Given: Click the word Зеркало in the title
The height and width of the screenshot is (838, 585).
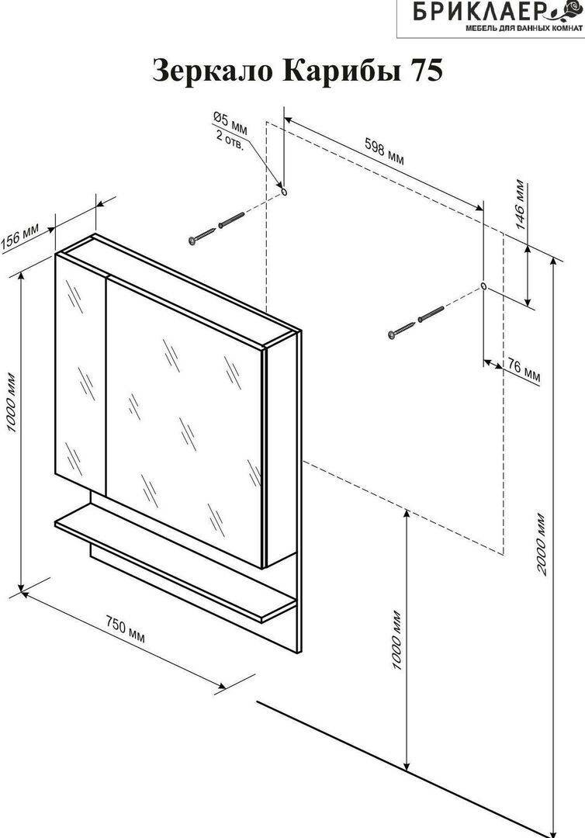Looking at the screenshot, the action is coord(204,71).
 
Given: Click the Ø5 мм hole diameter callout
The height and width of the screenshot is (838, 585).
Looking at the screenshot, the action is coord(230,121).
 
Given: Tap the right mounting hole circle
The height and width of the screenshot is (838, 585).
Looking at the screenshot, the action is coord(484,286).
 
